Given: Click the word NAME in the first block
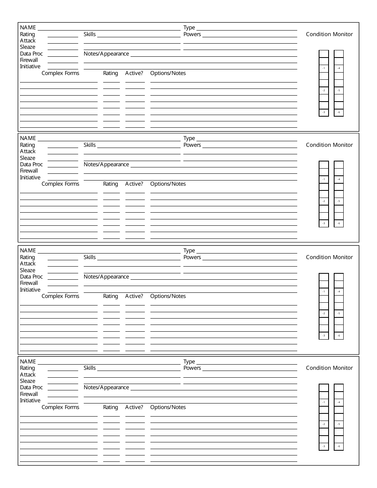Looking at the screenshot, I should tap(28, 27).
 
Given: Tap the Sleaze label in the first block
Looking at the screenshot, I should tap(27, 47).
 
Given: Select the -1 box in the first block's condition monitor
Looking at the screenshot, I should tap(324, 68).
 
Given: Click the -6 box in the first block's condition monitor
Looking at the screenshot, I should tap(339, 112).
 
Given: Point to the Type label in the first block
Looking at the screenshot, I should tap(189, 27).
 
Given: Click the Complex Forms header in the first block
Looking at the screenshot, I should tap(60, 73).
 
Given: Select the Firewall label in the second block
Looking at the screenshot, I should tap(29, 171).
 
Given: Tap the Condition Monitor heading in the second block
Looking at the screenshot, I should tap(329, 145).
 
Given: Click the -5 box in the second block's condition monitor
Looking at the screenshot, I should tap(339, 201).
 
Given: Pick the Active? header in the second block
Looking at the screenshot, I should tap(134, 184).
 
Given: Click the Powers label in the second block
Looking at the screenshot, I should tap(192, 145).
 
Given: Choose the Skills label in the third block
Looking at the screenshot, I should tap(90, 257).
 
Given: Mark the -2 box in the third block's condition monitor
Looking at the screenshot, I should tap(324, 313).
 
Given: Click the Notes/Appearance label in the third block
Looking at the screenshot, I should tap(106, 277).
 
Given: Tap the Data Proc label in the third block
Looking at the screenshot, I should tap(31, 277).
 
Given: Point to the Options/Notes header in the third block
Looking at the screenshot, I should tap(168, 296).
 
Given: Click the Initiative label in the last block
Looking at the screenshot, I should tap(30, 400).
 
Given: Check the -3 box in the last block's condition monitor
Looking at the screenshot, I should tap(324, 446).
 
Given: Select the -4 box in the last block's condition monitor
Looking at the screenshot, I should tap(339, 402).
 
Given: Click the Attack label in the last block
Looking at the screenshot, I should tap(28, 375).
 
